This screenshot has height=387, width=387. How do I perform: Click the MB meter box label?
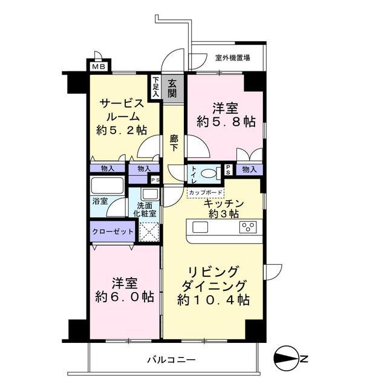point(99,67)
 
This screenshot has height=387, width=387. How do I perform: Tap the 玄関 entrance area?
point(172,89)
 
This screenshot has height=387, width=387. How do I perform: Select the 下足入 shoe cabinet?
point(156,86)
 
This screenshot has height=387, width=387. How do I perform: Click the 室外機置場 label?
point(232,58)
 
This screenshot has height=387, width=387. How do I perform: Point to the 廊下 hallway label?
point(174,143)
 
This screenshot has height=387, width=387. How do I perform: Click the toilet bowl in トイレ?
point(208,174)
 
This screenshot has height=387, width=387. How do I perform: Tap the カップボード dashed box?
point(206,192)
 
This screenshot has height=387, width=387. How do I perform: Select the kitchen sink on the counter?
point(200,227)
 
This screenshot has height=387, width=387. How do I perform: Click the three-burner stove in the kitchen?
point(248,227)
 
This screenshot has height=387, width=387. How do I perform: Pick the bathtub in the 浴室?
point(107,185)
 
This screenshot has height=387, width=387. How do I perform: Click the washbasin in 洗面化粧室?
point(149,193)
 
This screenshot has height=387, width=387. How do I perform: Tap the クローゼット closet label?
point(112,232)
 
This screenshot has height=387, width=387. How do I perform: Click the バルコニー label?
point(171,360)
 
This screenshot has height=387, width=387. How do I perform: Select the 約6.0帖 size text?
point(125,297)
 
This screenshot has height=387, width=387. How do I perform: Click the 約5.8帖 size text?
point(226,122)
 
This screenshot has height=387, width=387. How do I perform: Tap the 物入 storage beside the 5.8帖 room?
point(249,169)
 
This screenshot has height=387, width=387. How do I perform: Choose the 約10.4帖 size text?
point(213,300)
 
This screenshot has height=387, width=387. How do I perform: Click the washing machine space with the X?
point(149,232)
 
